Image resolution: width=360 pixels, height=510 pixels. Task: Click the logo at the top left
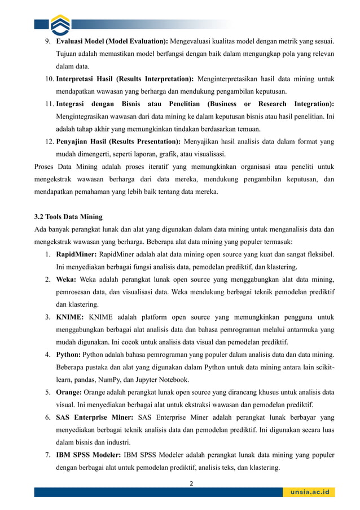60,24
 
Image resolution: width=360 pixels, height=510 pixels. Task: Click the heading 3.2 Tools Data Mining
68,216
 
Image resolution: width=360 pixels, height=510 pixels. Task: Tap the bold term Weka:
67,279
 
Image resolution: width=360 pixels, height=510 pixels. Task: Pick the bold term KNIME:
70,317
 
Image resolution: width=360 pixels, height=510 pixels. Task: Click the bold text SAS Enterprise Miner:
94,417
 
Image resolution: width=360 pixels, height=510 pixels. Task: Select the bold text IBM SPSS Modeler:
89,455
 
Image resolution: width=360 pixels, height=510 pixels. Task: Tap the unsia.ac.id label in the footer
309,492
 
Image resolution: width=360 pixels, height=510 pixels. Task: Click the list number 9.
48,41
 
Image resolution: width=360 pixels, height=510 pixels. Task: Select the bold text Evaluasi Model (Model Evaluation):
112,41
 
